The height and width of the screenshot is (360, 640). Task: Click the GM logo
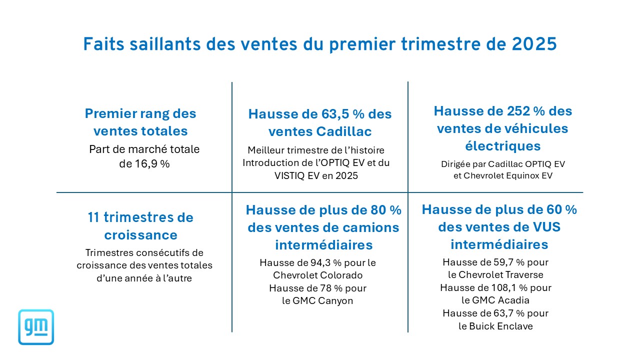(36, 327)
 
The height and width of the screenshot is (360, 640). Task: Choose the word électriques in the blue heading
(502, 146)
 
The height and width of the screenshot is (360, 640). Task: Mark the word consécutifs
(167, 253)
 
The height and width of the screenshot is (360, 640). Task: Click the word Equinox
(523, 175)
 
